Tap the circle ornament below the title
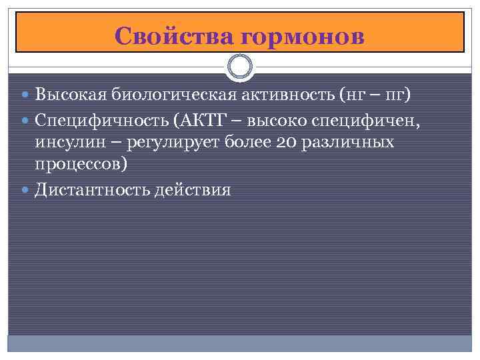coord(240,66)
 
